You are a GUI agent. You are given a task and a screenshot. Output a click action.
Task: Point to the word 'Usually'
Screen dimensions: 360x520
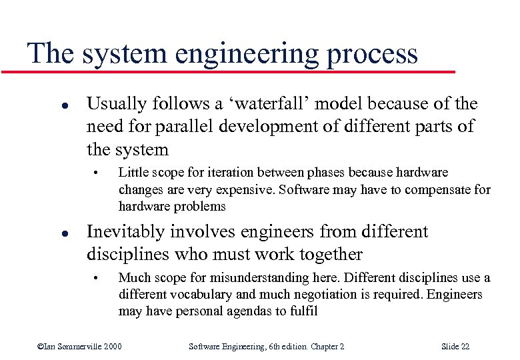[115, 104]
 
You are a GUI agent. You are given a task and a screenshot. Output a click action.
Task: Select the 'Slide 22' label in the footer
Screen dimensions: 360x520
[455, 346]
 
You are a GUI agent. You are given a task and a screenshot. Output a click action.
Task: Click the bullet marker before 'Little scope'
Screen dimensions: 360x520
[96, 173]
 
